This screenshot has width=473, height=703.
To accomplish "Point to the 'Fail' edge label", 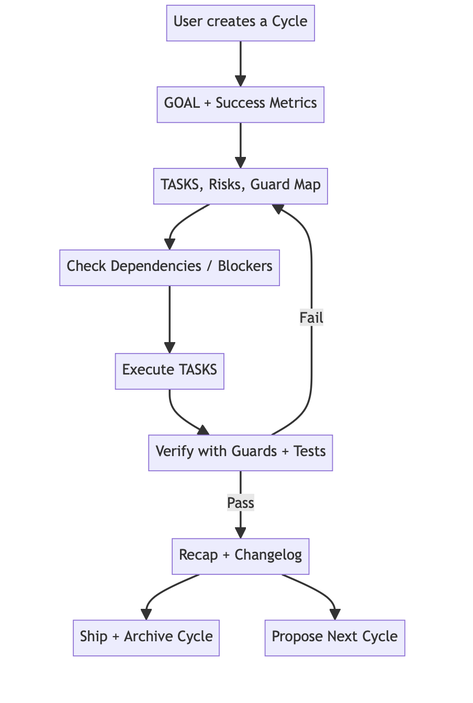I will pos(311,318).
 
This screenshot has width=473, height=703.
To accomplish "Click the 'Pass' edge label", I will pos(240,503).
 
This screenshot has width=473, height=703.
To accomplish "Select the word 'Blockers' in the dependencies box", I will pos(245,266).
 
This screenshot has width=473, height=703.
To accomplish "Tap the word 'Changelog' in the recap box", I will pos(268,555).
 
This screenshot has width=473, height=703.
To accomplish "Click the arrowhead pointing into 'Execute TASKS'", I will pos(170,348).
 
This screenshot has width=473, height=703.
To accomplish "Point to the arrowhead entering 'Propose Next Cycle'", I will pos(335,615).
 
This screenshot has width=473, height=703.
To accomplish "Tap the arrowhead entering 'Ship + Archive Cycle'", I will pos(146,615).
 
